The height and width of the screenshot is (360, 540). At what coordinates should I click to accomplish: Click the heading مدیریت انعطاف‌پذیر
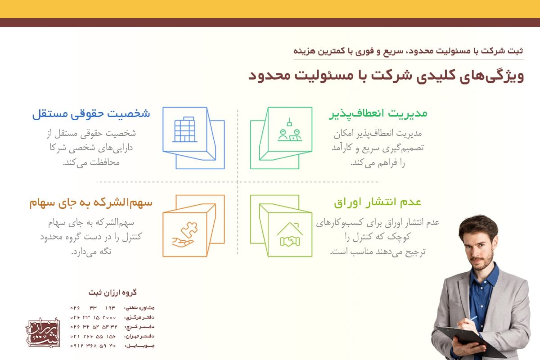point(378,113)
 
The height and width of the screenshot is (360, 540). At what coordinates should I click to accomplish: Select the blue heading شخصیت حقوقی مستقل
point(91,113)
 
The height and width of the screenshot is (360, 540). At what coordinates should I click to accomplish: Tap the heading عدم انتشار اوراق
point(378,202)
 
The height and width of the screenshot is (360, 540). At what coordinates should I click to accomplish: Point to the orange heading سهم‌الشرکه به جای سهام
point(91,202)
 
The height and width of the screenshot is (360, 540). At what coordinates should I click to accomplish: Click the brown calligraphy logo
point(43,333)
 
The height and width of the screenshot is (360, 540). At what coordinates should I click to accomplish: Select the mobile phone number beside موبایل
point(93,346)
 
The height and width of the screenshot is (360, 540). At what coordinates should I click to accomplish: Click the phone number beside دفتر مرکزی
point(93,317)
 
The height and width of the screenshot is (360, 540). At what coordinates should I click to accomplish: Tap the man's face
point(481,245)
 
